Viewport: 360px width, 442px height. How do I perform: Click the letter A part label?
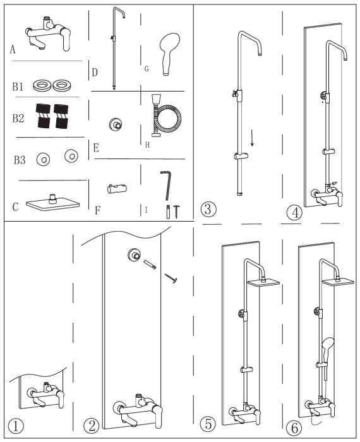tap(13, 50)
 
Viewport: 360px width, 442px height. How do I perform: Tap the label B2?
tap(18, 118)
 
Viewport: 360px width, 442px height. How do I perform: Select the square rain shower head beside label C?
tap(52, 203)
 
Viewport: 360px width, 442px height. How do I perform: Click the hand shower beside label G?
tap(169, 54)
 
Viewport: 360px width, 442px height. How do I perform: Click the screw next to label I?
tap(177, 212)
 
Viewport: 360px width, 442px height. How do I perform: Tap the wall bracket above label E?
tap(116, 124)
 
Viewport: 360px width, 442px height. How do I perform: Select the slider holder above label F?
tap(117, 189)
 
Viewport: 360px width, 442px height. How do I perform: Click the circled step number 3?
tap(208, 209)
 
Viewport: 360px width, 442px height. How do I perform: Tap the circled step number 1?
tap(16, 426)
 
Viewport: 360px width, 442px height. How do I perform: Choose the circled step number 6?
tap(294, 429)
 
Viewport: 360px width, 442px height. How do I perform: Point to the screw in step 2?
tap(171, 278)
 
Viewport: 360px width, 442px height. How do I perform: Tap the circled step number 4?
tap(294, 213)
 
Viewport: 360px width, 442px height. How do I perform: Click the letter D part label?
tap(95, 73)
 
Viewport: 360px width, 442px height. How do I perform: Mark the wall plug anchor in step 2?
tap(150, 265)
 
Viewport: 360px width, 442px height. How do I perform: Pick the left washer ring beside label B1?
tap(42, 85)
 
